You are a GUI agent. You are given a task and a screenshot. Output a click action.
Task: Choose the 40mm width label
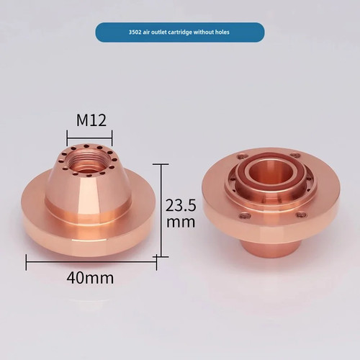click(91, 276)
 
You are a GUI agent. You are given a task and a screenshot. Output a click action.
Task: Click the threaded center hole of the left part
click(89, 158)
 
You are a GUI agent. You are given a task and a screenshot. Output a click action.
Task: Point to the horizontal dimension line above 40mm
click(91, 261)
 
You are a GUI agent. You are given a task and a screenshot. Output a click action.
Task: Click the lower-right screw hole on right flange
click(301, 214)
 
